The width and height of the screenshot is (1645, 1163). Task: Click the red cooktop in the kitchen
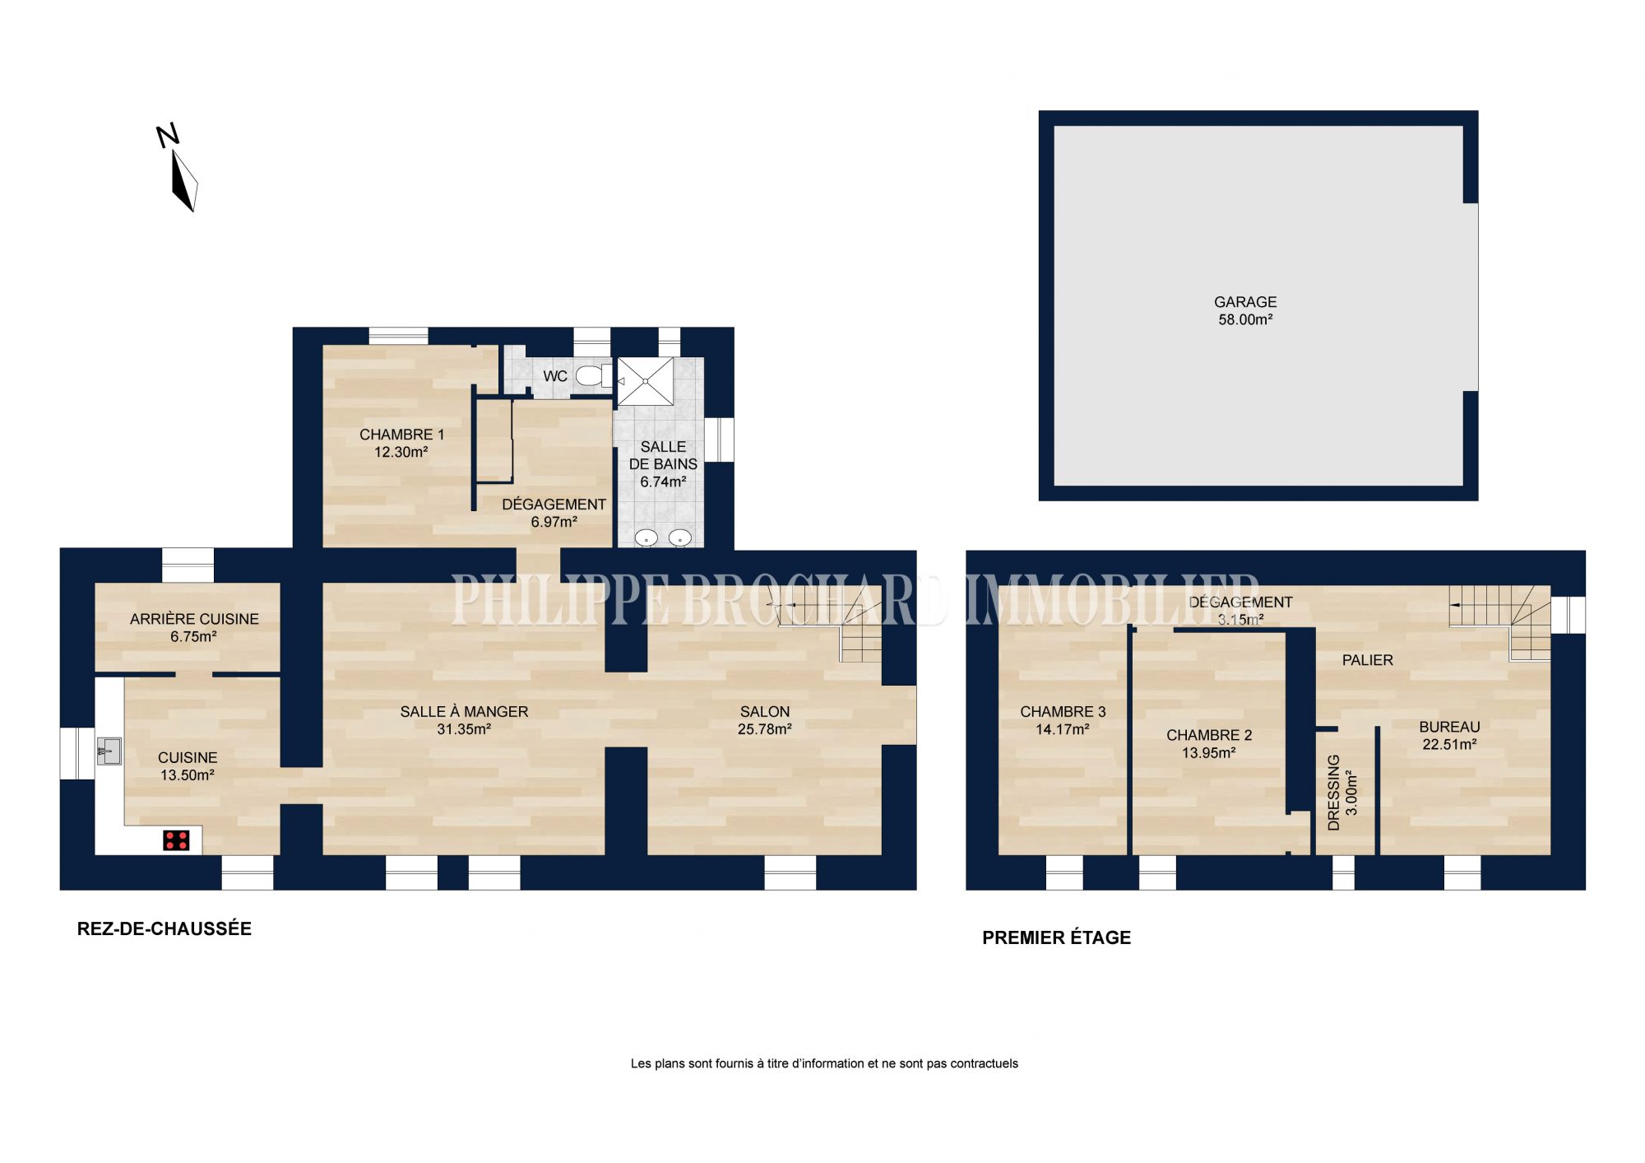177,840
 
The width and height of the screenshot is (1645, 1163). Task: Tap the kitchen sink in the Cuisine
109,751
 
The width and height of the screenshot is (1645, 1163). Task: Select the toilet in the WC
594,376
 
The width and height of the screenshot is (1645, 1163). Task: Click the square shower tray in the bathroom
646,381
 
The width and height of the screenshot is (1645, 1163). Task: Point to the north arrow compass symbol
180,168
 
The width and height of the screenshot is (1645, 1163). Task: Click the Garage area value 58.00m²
1245,320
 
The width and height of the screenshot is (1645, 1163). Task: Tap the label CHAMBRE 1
401,435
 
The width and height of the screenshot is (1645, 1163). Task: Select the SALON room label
765,712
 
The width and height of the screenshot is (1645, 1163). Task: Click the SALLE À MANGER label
464,712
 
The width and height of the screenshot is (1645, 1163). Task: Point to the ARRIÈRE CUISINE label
194,619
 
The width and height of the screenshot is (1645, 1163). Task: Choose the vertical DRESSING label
1334,792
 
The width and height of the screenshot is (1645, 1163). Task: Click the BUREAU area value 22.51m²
1449,745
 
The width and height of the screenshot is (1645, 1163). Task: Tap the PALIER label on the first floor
1368,660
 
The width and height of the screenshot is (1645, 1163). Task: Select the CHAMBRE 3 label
1063,712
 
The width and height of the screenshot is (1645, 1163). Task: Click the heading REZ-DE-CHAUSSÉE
164,928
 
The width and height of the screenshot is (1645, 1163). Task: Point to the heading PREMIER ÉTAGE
1057,937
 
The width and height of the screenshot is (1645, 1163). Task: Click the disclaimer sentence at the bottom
824,1063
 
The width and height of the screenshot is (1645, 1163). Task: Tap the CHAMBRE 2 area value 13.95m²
1209,753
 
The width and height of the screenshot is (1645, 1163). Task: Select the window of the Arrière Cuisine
188,565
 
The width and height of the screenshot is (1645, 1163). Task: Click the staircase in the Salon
831,630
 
